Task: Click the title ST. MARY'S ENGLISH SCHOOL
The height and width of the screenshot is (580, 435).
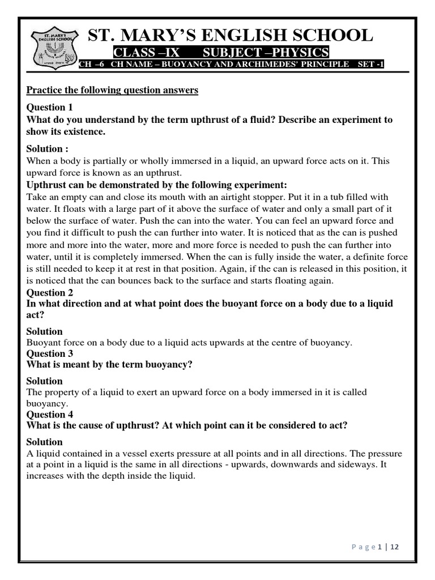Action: pos(231,35)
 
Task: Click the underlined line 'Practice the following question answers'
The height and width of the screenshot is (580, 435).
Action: pos(112,91)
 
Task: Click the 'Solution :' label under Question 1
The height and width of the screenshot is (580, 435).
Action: pos(48,149)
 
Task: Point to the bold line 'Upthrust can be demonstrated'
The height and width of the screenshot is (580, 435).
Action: pos(157,185)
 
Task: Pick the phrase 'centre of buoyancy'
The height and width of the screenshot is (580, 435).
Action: pos(314,342)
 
